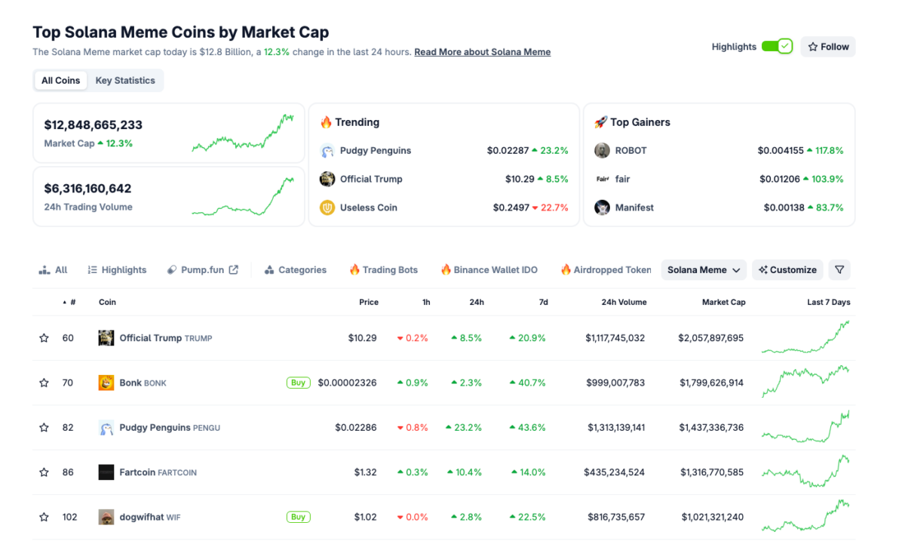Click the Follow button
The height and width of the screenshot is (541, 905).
point(828,47)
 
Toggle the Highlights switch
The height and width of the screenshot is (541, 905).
point(777,47)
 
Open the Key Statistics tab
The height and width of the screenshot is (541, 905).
point(125,81)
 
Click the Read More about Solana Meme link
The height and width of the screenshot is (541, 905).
point(482,52)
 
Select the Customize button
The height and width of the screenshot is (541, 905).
point(787,270)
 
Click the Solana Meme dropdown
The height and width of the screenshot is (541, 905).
point(704,270)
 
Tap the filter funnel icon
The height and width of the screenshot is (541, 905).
point(839,270)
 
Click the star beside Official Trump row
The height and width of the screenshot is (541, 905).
point(44,338)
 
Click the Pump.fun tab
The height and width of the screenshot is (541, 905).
point(202,270)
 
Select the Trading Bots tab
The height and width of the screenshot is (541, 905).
point(383,270)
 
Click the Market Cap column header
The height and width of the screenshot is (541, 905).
point(723,303)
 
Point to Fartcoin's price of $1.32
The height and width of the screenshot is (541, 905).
point(365,472)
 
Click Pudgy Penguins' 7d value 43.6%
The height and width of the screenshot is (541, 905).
point(527,428)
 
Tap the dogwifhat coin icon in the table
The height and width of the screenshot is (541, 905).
point(106,517)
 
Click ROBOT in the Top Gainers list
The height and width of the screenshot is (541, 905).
point(630,151)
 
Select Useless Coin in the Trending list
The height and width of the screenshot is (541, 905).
point(368,207)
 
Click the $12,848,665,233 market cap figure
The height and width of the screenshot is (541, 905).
point(94,125)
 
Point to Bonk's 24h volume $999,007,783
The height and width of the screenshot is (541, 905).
point(615,383)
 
